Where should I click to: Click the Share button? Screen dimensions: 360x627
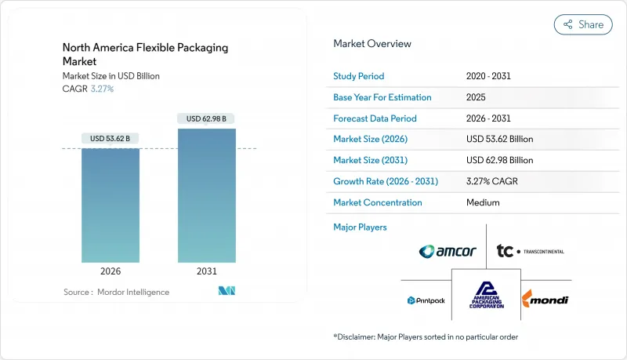pos(583,24)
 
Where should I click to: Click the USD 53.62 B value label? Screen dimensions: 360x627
pos(111,139)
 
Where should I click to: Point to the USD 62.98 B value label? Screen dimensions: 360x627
pos(207,119)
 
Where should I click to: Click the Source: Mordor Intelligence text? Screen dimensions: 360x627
pos(116,293)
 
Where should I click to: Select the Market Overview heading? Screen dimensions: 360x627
pos(372,44)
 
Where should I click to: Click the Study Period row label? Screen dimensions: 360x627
pos(359,77)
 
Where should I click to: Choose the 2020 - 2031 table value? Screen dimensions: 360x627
pos(487,77)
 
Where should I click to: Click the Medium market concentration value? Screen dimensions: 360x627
pos(483,202)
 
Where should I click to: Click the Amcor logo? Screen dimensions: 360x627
pos(447,251)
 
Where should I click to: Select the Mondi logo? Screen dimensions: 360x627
pos(545,300)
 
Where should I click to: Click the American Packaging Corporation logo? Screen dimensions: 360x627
pos(486,296)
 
